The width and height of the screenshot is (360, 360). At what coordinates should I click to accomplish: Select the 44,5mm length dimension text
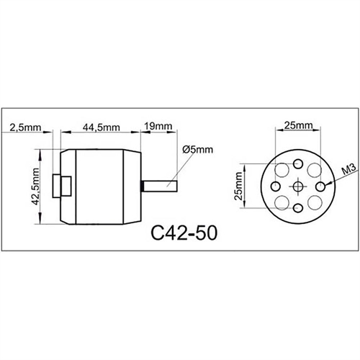[100, 127]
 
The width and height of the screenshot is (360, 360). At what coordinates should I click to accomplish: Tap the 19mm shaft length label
[158, 127]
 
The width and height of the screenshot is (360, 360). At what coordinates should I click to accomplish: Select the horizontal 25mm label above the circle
[298, 125]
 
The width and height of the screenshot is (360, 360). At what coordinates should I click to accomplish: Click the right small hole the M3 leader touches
[319, 186]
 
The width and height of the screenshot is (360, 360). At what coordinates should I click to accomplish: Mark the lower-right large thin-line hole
[314, 202]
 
